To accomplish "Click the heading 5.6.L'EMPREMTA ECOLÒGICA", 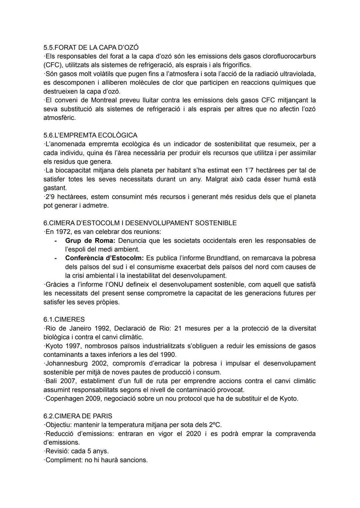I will (90, 135).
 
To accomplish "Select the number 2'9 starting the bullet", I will (50, 197).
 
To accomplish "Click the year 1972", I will (61, 232).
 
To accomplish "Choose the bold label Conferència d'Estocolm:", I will (104, 258).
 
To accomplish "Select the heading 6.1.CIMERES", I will (64, 319).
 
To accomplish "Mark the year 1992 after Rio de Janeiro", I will (103, 328).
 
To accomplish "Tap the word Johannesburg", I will (66, 363).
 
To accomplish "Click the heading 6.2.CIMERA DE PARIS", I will (78, 416).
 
